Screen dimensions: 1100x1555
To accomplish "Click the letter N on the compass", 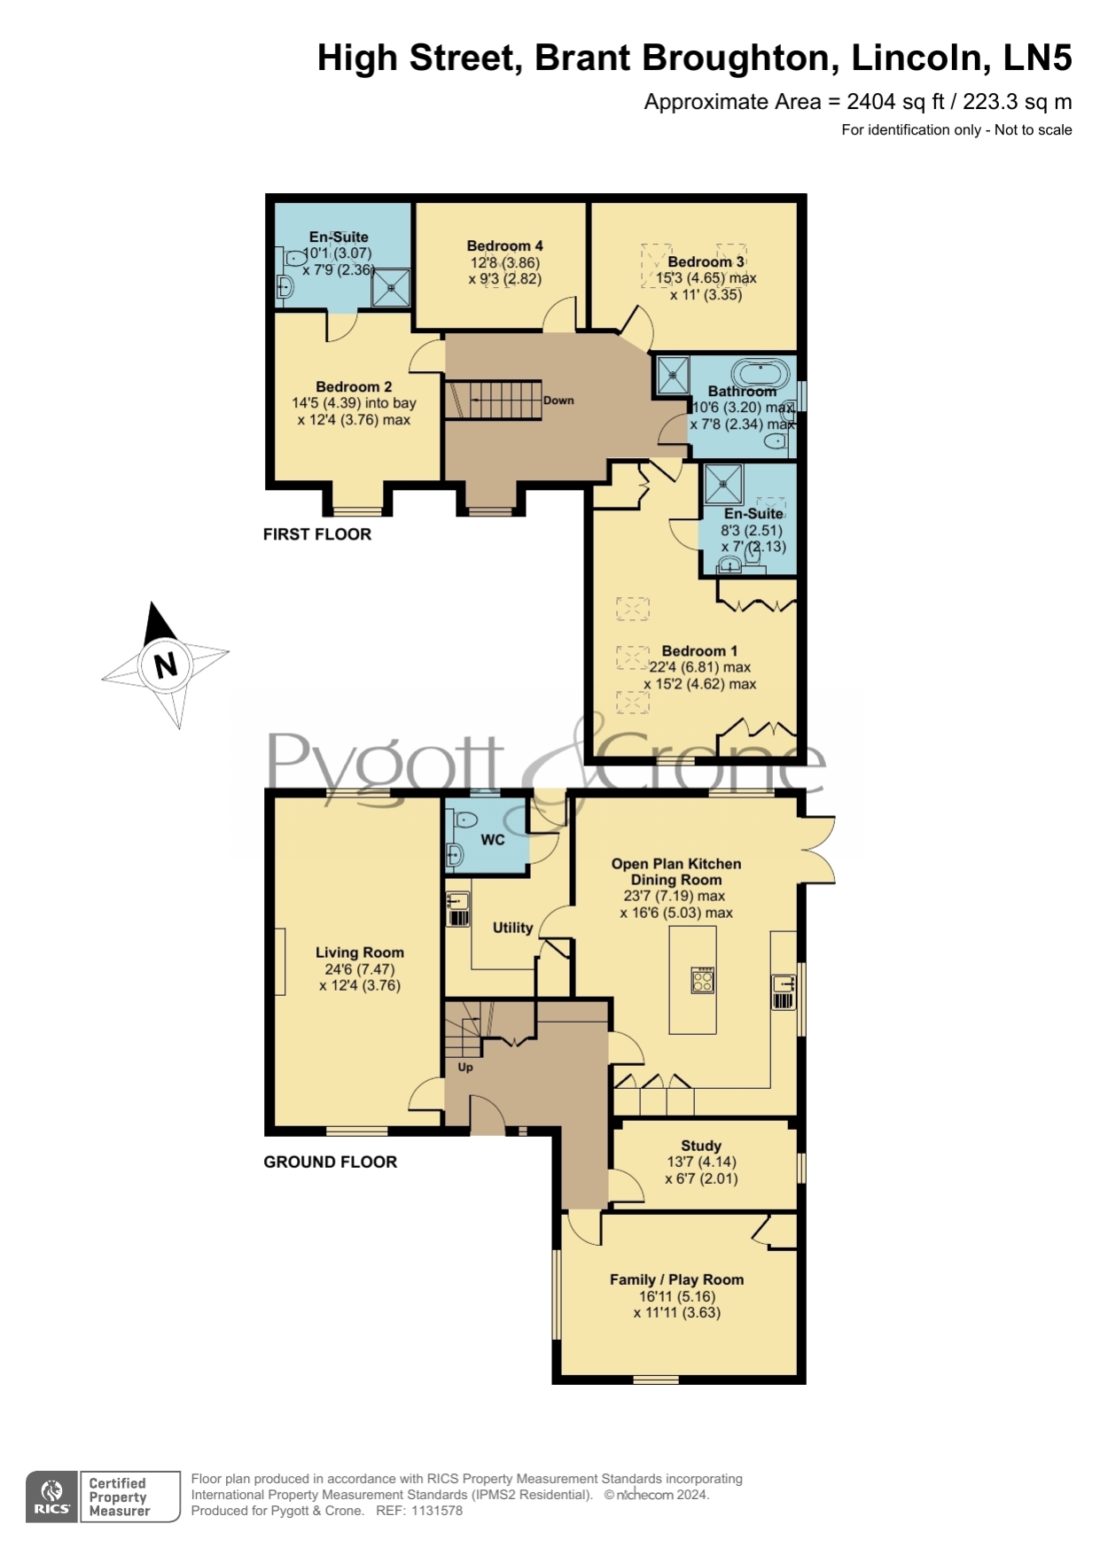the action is pos(166,665).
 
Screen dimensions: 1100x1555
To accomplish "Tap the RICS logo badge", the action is pos(52,1497).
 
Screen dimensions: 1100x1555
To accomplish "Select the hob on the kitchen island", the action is pos(703,979).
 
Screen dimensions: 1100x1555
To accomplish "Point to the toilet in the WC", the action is pos(464,820).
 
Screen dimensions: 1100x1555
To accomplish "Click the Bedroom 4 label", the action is pos(505,245).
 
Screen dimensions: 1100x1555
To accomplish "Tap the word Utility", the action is pos(512,928).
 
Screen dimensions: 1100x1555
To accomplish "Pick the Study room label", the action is pos(701,1146).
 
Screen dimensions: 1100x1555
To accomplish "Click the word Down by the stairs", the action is pos(558,400).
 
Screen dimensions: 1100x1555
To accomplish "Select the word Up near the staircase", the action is pos(465,1068).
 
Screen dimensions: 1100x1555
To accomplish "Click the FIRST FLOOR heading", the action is pos(317,534).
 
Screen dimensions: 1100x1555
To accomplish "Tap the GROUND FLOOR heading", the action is pos(331,1162).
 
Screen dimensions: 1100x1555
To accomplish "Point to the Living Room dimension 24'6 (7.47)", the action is pos(360,969).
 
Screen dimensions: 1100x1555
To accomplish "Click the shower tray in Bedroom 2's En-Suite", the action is pos(391,288).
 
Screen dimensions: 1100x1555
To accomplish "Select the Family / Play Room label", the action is pos(676,1279).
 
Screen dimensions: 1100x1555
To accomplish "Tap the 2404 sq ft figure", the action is pos(884,102).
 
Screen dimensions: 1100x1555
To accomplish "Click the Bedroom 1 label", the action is pos(699,651).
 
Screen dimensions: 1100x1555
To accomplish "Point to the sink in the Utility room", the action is pos(457,900).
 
